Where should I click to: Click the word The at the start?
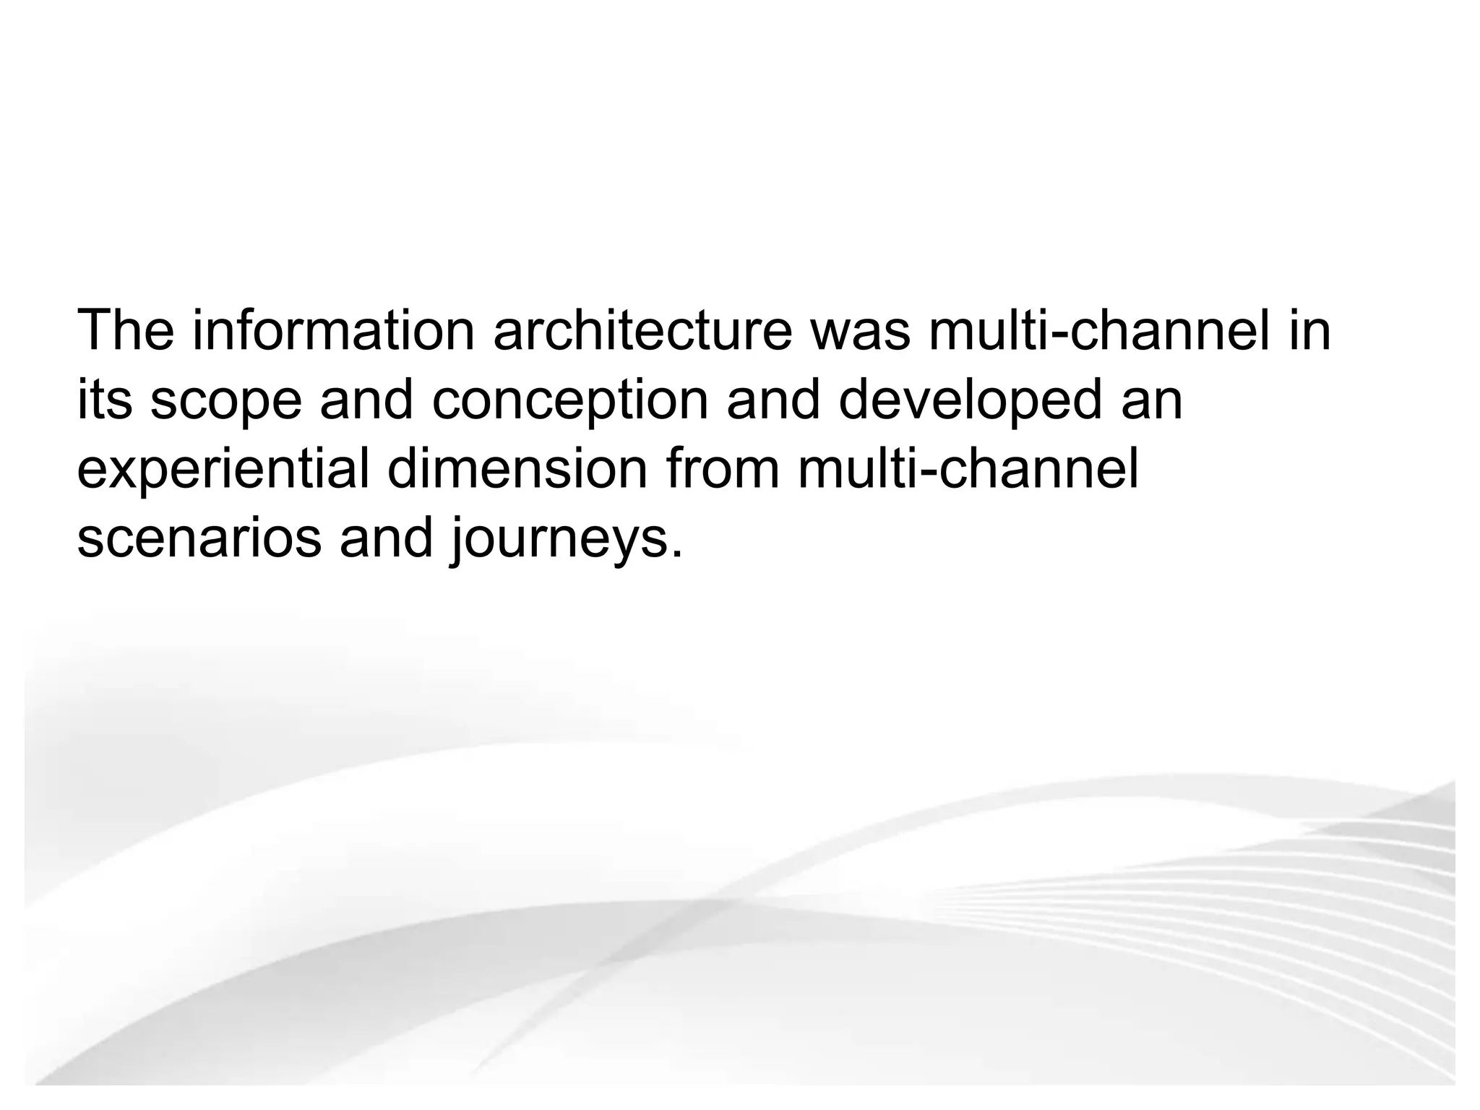click(126, 330)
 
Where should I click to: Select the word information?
click(333, 330)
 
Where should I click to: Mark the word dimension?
click(517, 469)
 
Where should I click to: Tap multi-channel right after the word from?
click(968, 469)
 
